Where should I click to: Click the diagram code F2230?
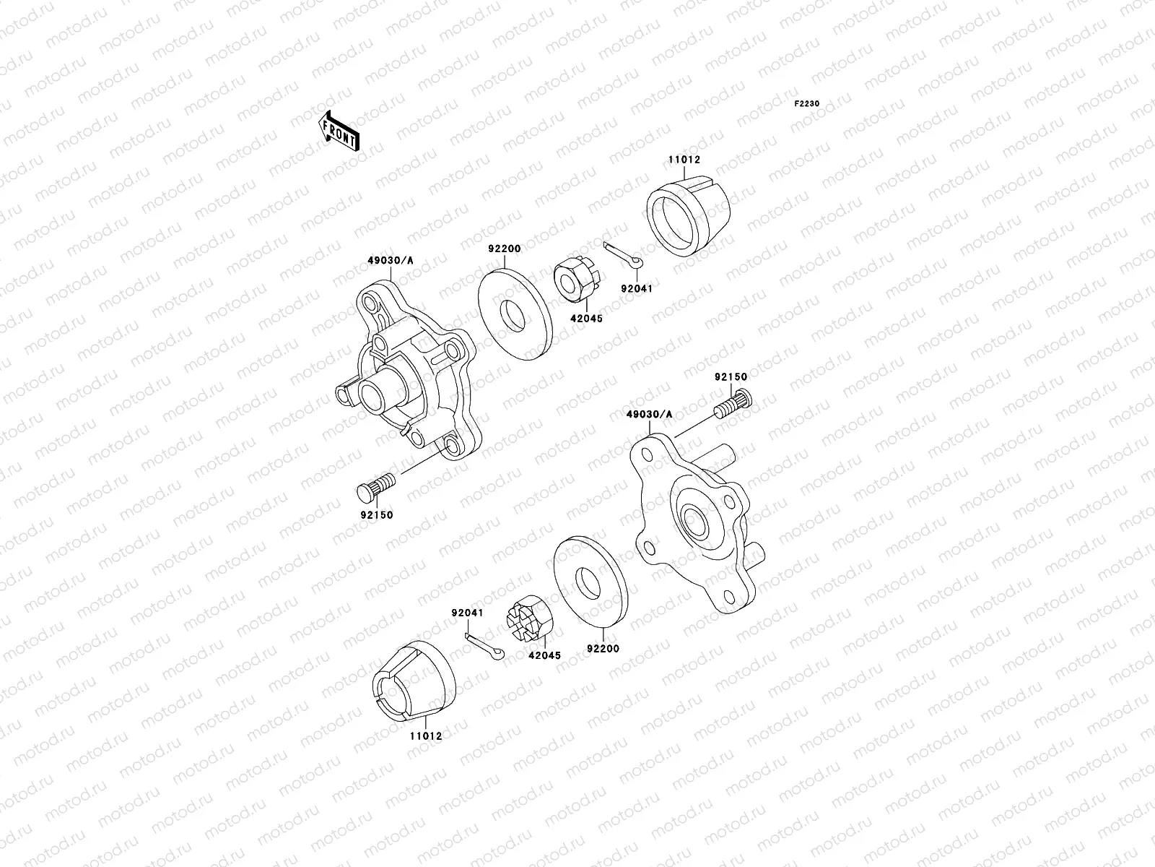[807, 104]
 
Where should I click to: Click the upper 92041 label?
[636, 288]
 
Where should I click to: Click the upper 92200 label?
[504, 249]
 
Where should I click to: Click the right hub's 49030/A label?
[649, 414]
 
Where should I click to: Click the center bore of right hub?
[694, 519]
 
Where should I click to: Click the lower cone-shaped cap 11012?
[414, 678]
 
